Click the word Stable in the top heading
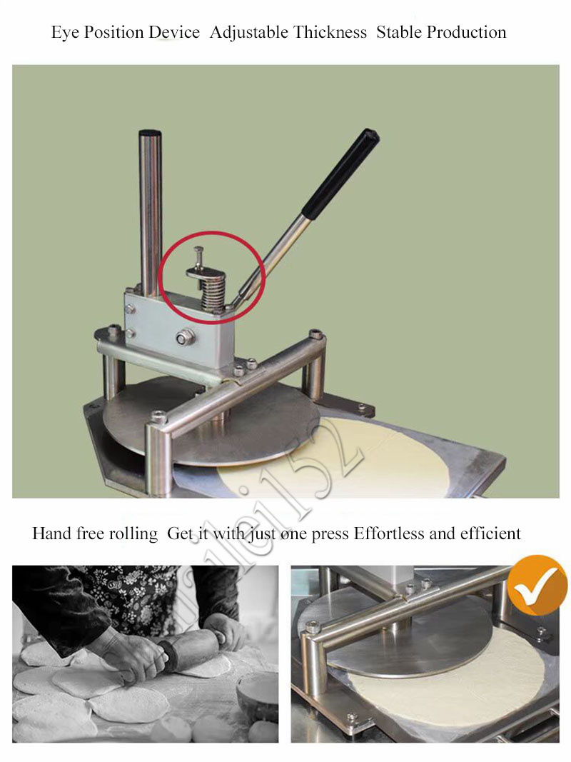click(399, 33)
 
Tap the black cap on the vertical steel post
click(149, 134)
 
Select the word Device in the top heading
click(173, 33)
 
